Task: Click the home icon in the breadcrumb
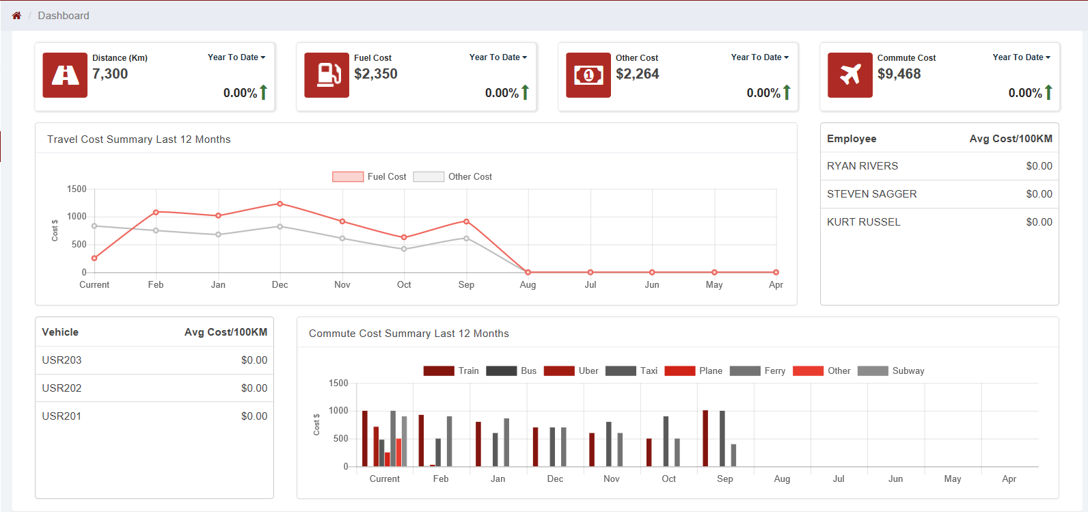[x=16, y=15]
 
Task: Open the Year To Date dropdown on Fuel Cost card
[x=498, y=57]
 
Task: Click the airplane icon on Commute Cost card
[x=849, y=75]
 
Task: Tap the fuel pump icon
[x=327, y=75]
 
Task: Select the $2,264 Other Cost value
[x=637, y=74]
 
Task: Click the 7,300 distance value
[x=110, y=74]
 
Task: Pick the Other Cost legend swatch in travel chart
[x=429, y=176]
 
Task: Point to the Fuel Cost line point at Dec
[x=280, y=204]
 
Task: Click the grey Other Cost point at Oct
[x=404, y=249]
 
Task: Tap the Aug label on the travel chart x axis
[x=528, y=284]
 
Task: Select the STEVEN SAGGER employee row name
[x=871, y=194]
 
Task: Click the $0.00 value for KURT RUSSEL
[x=1039, y=222]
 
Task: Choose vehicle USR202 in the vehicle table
[x=62, y=388]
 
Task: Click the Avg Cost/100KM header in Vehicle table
[x=226, y=332]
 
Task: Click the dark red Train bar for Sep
[x=705, y=438]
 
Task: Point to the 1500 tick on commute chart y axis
[x=338, y=383]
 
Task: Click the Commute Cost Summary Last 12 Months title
[x=409, y=334]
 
